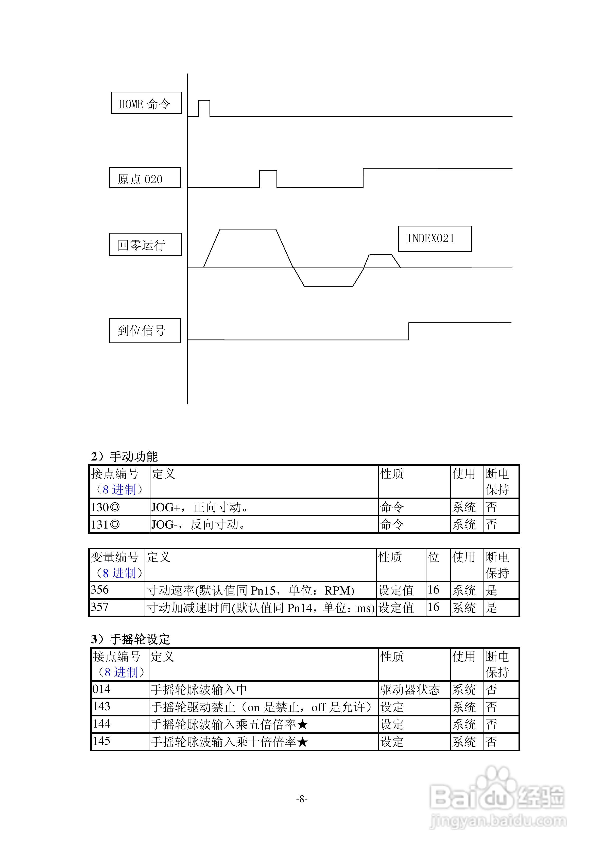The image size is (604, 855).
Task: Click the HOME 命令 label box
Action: click(146, 103)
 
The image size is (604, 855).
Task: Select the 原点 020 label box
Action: click(145, 178)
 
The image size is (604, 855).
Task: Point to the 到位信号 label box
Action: click(145, 331)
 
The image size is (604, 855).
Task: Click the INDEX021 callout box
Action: click(435, 239)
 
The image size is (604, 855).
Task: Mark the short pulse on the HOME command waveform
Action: click(204, 108)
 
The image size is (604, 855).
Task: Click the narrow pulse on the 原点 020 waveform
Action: click(268, 178)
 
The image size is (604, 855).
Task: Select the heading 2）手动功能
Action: click(124, 456)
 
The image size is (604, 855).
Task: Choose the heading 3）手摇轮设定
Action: click(130, 639)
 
